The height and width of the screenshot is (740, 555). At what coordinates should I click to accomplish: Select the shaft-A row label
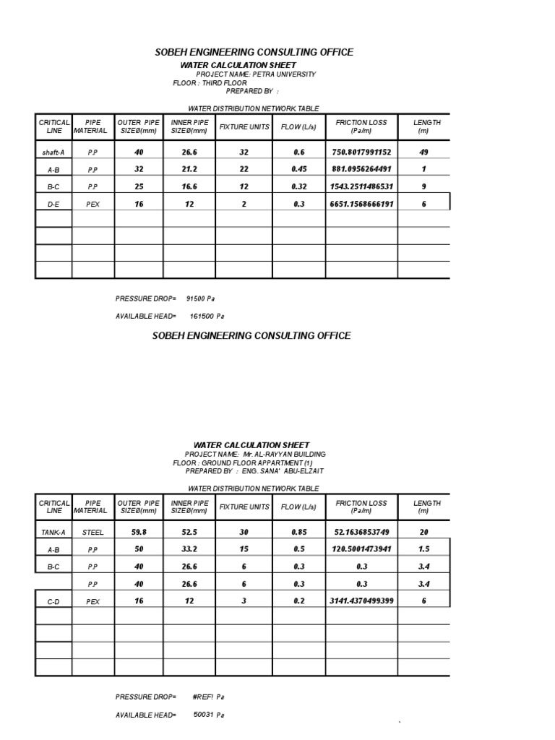[53, 152]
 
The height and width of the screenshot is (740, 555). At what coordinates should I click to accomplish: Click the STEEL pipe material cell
[93, 533]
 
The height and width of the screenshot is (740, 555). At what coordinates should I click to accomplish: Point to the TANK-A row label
[53, 533]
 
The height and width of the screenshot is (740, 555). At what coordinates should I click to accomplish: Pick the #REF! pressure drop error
[205, 697]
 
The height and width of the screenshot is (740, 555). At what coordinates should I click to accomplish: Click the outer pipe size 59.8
[139, 533]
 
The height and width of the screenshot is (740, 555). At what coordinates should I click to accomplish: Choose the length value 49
[424, 152]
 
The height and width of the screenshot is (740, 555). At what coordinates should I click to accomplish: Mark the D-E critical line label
[53, 205]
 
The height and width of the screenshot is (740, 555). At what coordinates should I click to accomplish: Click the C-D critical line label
[53, 601]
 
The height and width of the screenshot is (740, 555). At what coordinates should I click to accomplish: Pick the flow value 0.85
[299, 533]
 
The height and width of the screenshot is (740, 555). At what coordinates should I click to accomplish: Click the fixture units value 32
[244, 152]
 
